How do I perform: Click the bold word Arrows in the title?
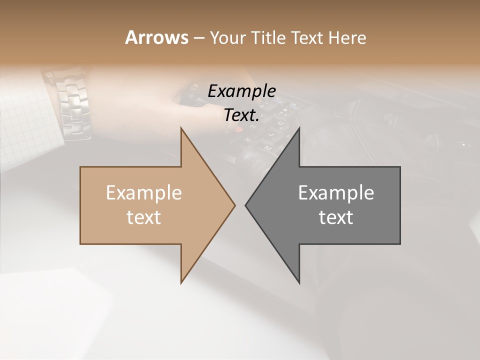[x=156, y=37]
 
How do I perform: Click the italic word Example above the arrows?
[x=241, y=91]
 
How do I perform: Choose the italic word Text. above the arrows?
[x=241, y=115]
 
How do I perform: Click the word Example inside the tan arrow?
[x=144, y=192]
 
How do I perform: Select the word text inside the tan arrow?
[x=144, y=217]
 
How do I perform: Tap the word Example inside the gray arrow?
[x=336, y=192]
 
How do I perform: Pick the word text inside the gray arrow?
[x=336, y=217]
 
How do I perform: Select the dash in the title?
[x=198, y=38]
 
